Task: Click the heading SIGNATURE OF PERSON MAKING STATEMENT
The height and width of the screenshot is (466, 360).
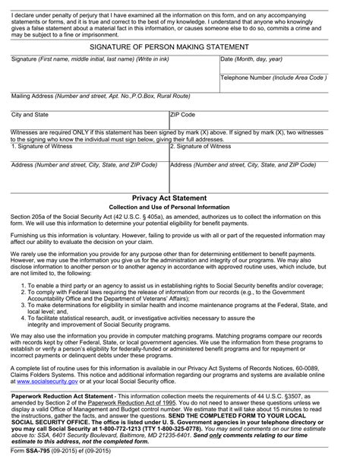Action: click(x=180, y=46)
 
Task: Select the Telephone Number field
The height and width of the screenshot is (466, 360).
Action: click(x=286, y=86)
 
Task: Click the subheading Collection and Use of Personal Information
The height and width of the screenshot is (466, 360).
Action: click(x=180, y=207)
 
